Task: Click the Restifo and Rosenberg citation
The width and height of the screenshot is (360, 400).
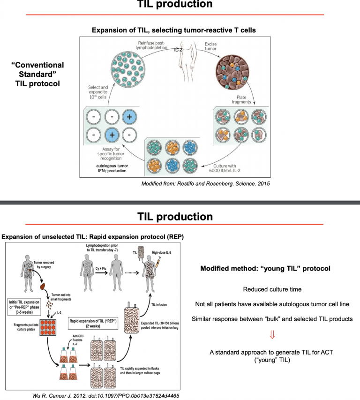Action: pos(206,183)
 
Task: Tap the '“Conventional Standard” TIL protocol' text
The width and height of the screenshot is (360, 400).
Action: pos(37,74)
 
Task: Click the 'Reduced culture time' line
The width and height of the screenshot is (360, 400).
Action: pos(272,290)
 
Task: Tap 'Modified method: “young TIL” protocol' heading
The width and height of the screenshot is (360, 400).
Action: pos(265,269)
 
